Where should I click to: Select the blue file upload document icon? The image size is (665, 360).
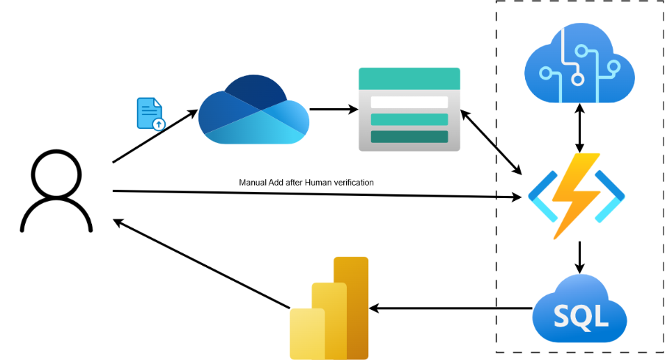pos(151,114)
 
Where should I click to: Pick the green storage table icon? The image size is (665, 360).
pos(409,109)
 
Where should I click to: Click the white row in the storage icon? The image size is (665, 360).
pos(409,102)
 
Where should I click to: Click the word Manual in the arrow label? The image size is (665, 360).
pos(253,182)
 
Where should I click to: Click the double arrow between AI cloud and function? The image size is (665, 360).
pos(580,127)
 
